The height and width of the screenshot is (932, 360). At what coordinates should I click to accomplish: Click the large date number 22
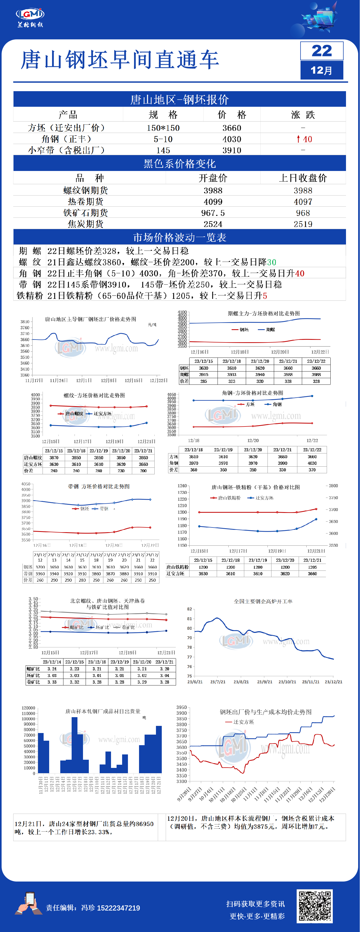point(321,51)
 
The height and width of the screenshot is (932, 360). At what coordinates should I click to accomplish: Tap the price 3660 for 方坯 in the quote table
point(232,128)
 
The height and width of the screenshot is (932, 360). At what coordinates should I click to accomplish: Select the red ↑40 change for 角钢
point(304,139)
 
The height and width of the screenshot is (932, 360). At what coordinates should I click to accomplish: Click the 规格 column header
point(163,115)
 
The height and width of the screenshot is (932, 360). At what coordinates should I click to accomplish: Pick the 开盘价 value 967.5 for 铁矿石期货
point(213,213)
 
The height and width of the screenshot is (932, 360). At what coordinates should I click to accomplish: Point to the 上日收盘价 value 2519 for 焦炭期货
point(303,224)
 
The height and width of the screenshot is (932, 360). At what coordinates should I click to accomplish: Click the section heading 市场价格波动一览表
point(179,237)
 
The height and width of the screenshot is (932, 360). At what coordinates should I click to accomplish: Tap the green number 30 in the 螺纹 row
point(271,262)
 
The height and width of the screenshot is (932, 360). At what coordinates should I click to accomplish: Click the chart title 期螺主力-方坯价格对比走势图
point(264,313)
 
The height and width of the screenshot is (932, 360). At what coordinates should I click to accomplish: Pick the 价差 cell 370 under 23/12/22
point(312,470)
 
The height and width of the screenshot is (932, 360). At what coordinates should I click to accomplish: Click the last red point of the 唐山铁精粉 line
point(316,509)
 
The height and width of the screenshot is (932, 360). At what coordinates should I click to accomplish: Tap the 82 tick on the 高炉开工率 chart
point(189,609)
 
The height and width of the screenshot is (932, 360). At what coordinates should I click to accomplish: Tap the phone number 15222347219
point(118,908)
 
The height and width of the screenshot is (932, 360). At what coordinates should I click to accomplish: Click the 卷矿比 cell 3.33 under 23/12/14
point(52,682)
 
